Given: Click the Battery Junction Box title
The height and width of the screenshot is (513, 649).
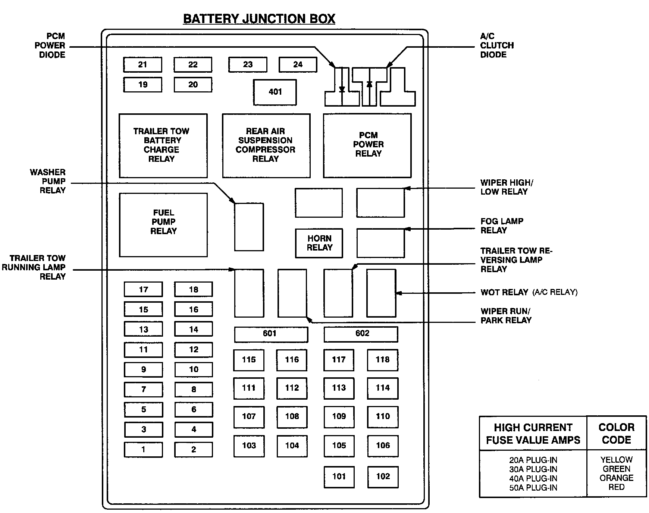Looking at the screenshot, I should point(259,19).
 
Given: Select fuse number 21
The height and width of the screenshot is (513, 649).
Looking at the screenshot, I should point(142,64).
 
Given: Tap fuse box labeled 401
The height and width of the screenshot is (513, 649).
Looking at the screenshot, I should point(275,92).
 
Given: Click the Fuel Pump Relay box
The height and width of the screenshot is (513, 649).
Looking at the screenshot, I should point(163,225).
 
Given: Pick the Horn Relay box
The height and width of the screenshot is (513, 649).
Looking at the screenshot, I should point(319,243).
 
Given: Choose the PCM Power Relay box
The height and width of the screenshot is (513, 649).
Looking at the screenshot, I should point(367,145).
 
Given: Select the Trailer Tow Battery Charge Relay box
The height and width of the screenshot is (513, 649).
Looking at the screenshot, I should point(163,145).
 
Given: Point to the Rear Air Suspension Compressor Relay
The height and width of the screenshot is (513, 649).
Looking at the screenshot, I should point(266,145).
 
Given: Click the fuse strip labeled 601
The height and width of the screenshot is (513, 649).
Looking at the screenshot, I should point(271,334).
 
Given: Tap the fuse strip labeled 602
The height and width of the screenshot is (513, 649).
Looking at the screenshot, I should point(361,334).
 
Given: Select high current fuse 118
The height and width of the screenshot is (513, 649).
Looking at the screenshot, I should point(383,360).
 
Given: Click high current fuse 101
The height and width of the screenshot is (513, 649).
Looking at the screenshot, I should point(339,477).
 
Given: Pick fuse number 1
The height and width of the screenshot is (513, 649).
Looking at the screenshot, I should point(143,450).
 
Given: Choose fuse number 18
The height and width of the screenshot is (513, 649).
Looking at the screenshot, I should point(193,289).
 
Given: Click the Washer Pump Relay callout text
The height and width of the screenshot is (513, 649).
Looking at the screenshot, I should point(48,181).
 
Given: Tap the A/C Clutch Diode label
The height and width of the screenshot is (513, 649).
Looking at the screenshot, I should point(496,45).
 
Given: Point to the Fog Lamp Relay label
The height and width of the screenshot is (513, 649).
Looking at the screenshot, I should point(502,226).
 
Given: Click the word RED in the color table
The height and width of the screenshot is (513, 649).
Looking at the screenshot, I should point(616,487).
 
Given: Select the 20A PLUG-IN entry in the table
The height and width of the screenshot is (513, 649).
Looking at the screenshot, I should point(533,460).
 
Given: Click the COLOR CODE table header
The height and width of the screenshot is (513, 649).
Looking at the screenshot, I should point(616,433).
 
